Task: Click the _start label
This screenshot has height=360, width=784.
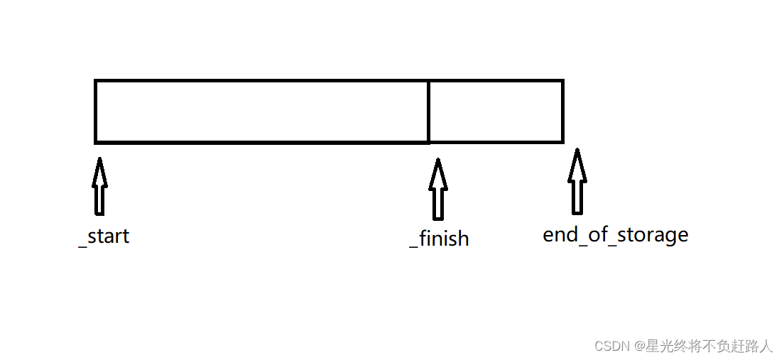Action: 104,236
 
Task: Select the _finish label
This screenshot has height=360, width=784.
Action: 439,239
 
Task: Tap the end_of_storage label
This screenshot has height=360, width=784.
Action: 615,234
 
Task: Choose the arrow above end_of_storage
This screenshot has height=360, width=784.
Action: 577,182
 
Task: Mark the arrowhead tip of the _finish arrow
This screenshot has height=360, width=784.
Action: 438,160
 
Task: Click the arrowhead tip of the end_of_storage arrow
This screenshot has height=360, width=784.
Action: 577,150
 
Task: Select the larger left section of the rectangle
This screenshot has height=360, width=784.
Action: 261,111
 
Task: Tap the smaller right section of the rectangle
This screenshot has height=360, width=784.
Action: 496,111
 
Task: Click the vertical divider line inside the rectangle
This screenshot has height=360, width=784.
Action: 428,111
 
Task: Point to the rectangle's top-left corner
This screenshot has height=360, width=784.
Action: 96,81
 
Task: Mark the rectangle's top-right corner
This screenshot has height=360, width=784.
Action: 562,81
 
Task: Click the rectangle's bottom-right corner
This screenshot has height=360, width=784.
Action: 562,142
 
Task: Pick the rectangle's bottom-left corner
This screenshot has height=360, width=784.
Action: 96,142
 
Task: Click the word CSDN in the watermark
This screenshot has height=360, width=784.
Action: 613,347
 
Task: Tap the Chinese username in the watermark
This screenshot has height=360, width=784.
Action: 710,347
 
